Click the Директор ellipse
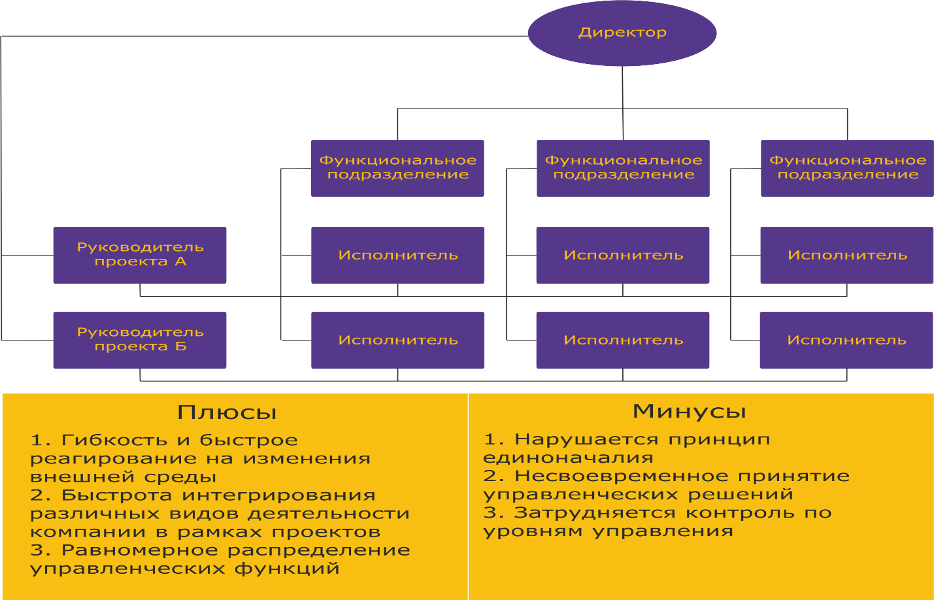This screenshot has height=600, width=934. coord(622,33)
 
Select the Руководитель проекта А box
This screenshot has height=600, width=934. coord(140,255)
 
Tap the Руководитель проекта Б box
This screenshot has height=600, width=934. coord(140,340)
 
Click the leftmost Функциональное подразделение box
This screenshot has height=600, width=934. coord(397,168)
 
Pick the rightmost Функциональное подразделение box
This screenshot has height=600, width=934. coord(847,168)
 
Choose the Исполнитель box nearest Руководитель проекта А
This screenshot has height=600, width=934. coord(397,255)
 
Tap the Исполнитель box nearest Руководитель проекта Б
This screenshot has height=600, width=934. coord(397,340)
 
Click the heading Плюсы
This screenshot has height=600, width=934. coord(227,412)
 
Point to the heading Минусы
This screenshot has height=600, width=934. coord(689,411)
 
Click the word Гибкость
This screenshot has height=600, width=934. coord(114,440)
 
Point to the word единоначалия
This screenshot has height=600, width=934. coord(568,458)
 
